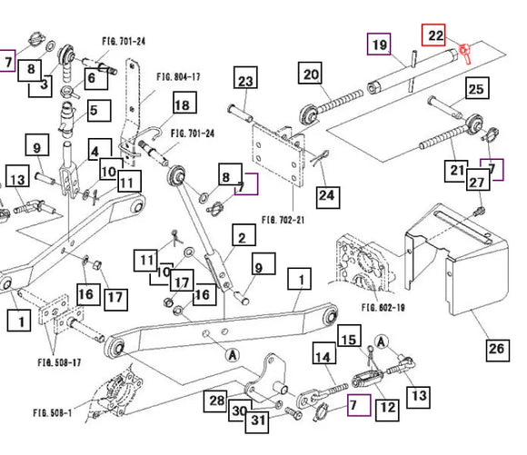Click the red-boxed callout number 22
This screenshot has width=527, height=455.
click(433, 35)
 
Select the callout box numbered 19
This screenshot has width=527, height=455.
click(379, 44)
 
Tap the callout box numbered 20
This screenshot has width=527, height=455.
click(310, 73)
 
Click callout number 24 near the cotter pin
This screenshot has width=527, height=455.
click(328, 197)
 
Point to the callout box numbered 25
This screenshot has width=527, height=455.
click(477, 88)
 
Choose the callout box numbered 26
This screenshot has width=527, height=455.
click(498, 351)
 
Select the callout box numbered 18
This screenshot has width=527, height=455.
click(184, 102)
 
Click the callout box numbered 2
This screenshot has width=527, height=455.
click(244, 235)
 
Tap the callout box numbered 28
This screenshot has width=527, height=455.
click(215, 401)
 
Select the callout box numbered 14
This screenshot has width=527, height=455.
click(324, 353)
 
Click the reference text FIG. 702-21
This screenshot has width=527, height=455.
click(283, 220)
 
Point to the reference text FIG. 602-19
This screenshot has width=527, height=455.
click(383, 308)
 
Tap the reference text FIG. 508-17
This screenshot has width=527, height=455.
click(59, 362)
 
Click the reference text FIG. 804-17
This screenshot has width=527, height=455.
click(178, 77)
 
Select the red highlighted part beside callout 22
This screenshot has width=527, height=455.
click(465, 53)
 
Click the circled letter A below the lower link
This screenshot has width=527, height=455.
click(233, 355)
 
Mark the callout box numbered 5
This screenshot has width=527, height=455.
click(99, 110)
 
